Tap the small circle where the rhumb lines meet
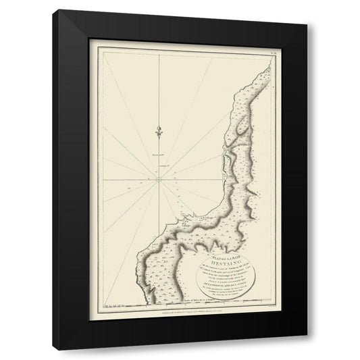[157, 179]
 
